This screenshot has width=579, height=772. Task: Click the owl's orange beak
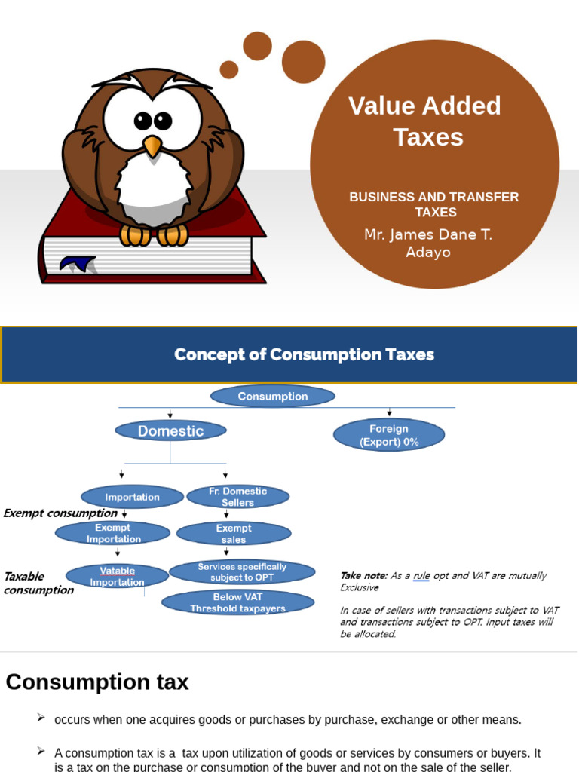tap(152, 146)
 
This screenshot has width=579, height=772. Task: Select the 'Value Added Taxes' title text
tap(425, 121)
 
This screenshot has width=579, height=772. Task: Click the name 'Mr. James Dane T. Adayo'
tap(427, 244)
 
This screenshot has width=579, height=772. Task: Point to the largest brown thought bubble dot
tap(303, 62)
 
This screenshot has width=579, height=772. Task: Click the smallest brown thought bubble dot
tap(229, 70)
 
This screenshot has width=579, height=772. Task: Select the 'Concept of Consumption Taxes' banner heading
tap(304, 354)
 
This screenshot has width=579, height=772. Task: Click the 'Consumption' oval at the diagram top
tap(273, 397)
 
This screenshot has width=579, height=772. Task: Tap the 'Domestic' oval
tap(170, 431)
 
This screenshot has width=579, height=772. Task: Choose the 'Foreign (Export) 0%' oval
tap(389, 436)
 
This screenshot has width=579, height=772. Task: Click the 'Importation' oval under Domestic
tap(132, 498)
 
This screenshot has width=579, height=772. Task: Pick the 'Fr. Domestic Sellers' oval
tap(237, 497)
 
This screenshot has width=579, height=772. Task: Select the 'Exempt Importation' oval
tap(113, 534)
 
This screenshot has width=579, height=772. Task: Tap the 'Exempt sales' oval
tap(234, 534)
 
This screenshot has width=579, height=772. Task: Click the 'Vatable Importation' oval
tap(117, 577)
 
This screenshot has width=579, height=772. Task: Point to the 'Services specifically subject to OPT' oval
tap(242, 572)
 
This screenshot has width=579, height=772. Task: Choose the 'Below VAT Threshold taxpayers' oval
tap(237, 602)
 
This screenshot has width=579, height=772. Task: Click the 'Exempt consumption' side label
tap(60, 513)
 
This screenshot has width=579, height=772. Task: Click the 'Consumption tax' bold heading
tap(97, 682)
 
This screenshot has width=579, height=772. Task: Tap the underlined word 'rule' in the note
tap(421, 576)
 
